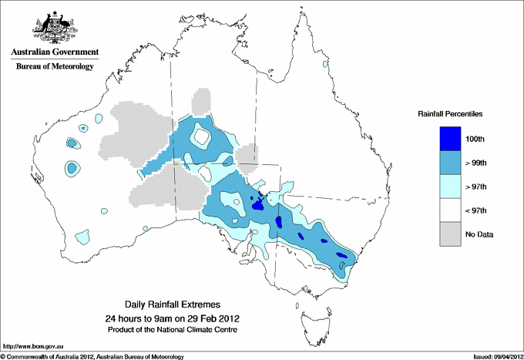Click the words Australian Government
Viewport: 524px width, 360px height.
pyautogui.click(x=55, y=52)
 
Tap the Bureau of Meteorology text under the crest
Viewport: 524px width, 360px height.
pyautogui.click(x=55, y=66)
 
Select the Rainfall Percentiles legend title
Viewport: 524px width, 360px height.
pyautogui.click(x=450, y=113)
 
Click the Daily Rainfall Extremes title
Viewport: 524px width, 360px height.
pyautogui.click(x=178, y=305)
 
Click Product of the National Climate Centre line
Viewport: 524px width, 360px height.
pyautogui.click(x=178, y=330)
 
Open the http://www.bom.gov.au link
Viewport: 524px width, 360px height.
pyautogui.click(x=32, y=346)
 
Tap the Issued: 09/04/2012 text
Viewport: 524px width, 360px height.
pyautogui.click(x=495, y=356)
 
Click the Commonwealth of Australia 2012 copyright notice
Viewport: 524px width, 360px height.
pyautogui.click(x=92, y=356)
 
